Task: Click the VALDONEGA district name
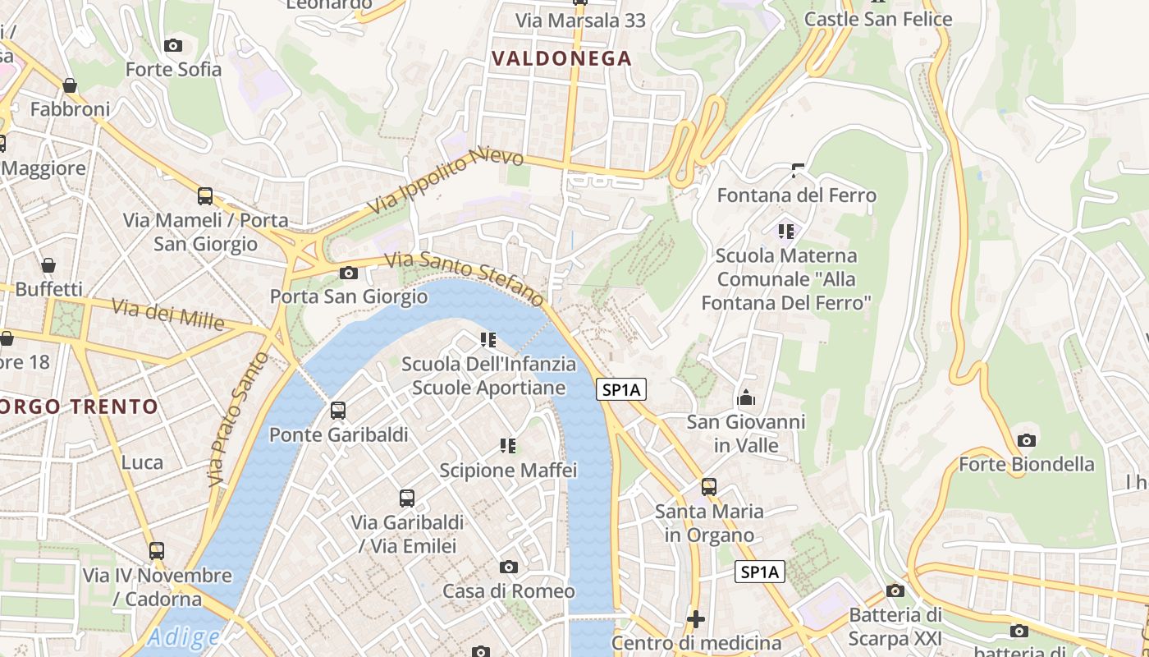[x=562, y=58]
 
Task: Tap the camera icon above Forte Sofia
[x=173, y=45]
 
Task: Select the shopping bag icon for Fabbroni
[x=70, y=85]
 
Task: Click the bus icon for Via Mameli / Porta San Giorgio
[x=205, y=196]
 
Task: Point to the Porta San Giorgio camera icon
[x=349, y=273]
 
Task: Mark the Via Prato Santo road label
[x=239, y=419]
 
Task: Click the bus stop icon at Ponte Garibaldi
[x=337, y=411]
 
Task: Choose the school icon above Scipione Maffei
[x=508, y=446]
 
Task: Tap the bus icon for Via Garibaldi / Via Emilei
[x=407, y=498]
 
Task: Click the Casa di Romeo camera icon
[x=509, y=567]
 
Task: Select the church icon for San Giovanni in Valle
[x=746, y=398]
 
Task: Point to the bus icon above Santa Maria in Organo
[x=709, y=487]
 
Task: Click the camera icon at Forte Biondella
[x=1026, y=441]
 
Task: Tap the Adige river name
[x=185, y=637]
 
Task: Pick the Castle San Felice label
[x=878, y=19]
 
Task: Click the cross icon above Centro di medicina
[x=696, y=618]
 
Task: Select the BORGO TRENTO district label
[x=79, y=407]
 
